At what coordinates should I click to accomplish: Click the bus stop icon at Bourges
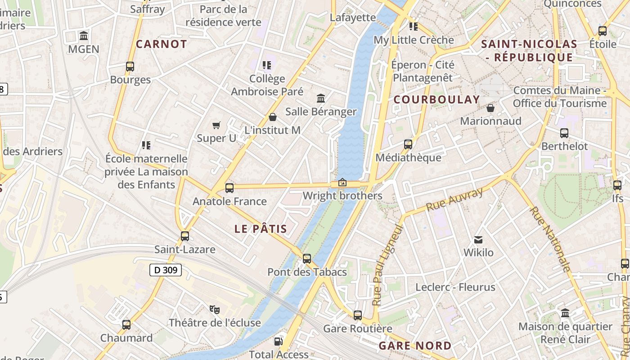[130, 67]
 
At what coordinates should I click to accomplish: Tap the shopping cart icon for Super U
[216, 125]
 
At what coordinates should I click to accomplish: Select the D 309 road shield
[166, 270]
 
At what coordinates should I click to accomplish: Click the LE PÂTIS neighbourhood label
[261, 229]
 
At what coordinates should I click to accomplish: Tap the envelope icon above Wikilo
[478, 240]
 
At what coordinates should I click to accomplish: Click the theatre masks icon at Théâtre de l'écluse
[215, 309]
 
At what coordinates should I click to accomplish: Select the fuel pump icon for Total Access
[279, 342]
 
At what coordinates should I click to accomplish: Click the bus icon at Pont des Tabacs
[307, 259]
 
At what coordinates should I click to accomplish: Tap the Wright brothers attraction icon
[342, 182]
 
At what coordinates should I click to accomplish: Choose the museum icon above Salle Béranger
[321, 98]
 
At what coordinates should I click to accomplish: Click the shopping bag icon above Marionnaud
[490, 108]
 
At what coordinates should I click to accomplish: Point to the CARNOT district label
[161, 44]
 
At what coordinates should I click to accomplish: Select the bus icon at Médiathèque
[408, 144]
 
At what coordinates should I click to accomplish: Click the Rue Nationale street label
[550, 238]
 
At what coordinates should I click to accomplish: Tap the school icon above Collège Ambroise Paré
[267, 65]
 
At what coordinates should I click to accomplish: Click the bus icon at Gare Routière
[358, 315]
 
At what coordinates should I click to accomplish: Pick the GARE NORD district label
[415, 346]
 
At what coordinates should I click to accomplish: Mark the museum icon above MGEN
[84, 36]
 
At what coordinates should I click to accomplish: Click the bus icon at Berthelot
[564, 133]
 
